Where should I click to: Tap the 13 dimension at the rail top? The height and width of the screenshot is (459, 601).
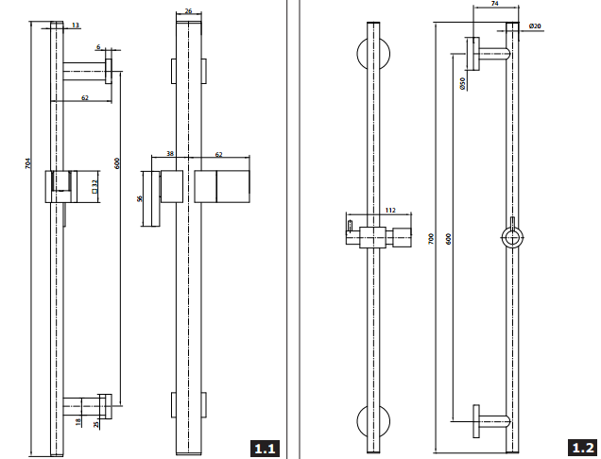point(76,26)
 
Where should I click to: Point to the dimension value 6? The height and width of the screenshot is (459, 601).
point(98,46)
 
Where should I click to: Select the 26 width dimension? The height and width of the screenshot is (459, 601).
point(189,11)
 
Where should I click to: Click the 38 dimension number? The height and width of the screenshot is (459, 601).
point(170,154)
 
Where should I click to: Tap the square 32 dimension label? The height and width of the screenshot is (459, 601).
point(95,187)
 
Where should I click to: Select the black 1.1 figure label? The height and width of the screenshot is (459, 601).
point(266,447)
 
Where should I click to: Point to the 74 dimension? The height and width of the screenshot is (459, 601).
point(495,6)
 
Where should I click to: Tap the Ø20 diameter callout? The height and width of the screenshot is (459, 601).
point(536,26)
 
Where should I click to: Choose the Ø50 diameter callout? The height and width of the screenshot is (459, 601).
point(462,84)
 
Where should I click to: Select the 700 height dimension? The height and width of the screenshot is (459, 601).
point(432,239)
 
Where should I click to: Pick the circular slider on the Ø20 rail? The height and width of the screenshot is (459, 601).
point(509,236)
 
